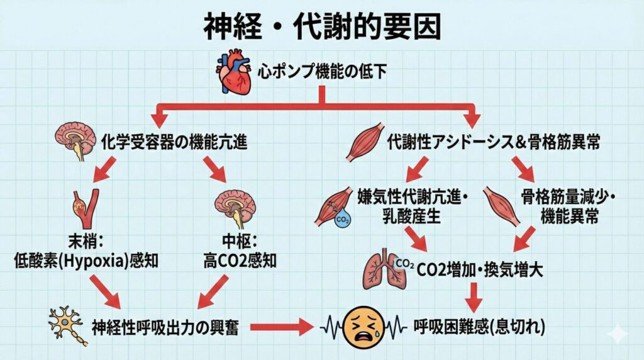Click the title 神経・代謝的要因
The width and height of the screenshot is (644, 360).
click(321, 26)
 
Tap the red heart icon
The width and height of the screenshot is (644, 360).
click(237, 73)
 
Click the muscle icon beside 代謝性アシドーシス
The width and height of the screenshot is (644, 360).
click(364, 142)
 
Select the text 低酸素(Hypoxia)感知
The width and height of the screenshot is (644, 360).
click(86, 259)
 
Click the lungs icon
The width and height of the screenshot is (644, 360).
click(379, 269)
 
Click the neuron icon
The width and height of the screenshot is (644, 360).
click(67, 325)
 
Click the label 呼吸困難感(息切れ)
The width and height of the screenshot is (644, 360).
click(480, 327)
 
